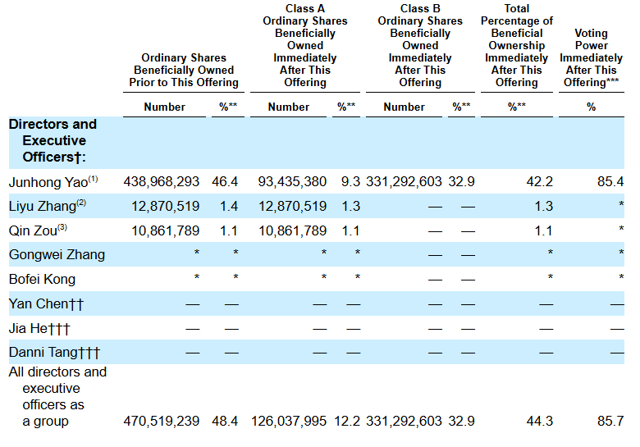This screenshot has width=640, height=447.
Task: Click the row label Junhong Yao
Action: tap(48, 182)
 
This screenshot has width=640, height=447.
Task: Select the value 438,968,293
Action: tap(161, 181)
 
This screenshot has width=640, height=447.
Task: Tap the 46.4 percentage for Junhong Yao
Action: tap(225, 181)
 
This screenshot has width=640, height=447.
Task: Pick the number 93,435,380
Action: tap(292, 181)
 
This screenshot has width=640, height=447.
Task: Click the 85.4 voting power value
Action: tap(610, 181)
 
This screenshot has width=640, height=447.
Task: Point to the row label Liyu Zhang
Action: tap(43, 207)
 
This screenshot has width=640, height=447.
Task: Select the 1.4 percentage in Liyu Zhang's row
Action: tap(229, 206)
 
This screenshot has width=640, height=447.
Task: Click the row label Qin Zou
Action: tap(33, 230)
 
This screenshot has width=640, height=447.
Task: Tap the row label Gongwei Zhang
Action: tap(57, 255)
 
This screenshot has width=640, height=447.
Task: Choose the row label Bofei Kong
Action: tap(42, 280)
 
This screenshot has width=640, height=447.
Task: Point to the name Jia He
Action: tap(29, 328)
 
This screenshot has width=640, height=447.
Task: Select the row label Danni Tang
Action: tap(43, 352)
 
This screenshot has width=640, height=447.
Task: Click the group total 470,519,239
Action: tap(161, 421)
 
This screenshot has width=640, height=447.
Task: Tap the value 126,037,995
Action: tap(289, 421)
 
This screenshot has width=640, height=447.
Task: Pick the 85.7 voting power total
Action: tap(610, 421)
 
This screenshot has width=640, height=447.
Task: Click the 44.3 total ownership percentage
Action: tap(540, 421)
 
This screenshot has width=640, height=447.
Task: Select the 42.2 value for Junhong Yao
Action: tap(540, 181)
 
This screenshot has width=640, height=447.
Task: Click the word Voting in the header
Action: tap(591, 34)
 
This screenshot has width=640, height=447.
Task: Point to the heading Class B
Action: tap(420, 8)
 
